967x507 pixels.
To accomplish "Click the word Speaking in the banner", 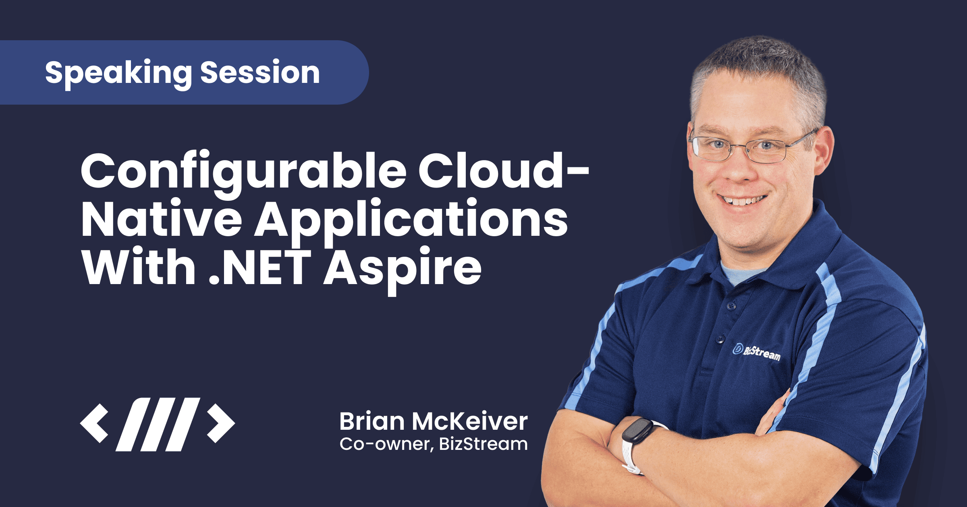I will click(118, 73).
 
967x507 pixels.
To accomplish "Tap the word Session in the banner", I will click(260, 73).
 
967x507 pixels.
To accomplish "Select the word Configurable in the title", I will click(243, 171).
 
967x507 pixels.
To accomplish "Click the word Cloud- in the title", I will click(504, 171).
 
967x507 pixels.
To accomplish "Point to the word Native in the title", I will click(161, 220).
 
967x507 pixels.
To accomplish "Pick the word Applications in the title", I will click(411, 221).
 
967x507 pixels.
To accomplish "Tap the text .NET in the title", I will click(260, 267).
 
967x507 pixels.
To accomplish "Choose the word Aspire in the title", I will click(403, 268).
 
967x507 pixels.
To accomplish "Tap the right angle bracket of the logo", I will click(221, 424).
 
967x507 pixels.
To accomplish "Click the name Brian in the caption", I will click(372, 422).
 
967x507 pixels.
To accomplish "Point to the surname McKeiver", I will click(469, 422).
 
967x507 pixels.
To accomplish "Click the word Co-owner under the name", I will click(386, 444).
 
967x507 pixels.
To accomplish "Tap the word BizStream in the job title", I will click(483, 444).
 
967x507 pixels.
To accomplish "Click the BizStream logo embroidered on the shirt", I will click(756, 352).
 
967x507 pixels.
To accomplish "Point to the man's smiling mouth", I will click(743, 200).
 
